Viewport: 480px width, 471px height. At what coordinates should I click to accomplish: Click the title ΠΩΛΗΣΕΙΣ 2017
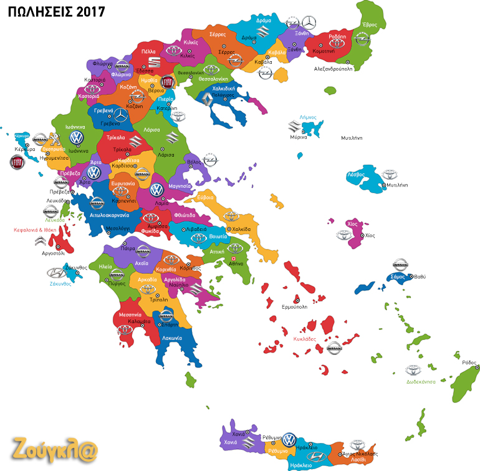pos(52,11)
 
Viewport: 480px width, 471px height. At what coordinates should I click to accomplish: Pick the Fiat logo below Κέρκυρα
pos(17,163)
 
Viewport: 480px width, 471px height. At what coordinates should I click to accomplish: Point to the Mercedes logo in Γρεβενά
pos(119,114)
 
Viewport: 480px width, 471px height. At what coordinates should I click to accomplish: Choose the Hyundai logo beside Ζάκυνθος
pos(55,273)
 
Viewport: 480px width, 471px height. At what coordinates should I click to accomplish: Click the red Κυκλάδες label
pos(305,339)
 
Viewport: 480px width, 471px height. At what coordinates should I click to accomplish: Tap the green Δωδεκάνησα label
pos(421,382)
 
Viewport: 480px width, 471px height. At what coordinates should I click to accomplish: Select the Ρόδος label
pos(469,362)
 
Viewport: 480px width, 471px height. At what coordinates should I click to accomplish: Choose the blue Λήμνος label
pos(308,117)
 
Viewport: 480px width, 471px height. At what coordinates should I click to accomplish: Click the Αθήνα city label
pos(236,265)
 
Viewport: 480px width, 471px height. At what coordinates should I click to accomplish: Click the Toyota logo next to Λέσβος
pos(389,175)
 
